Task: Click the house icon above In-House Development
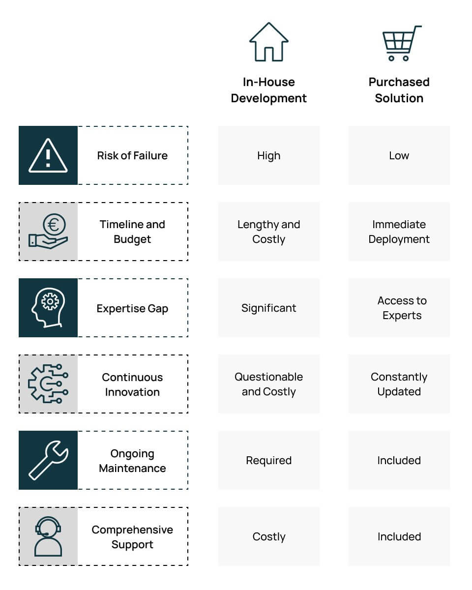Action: click(x=268, y=42)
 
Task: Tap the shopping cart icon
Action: click(x=402, y=43)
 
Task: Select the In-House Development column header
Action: click(x=268, y=90)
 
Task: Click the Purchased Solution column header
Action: click(x=399, y=90)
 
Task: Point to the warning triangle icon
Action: click(x=48, y=155)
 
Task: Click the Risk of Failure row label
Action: click(x=132, y=155)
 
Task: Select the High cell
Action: click(x=269, y=155)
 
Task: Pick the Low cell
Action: click(x=399, y=155)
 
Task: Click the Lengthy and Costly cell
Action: click(x=269, y=232)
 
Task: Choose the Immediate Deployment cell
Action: click(x=399, y=232)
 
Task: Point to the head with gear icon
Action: click(x=48, y=308)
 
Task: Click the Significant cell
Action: click(x=269, y=308)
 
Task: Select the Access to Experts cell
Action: click(x=399, y=308)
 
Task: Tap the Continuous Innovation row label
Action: click(x=132, y=384)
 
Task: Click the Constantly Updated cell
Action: click(x=399, y=384)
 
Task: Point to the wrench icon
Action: click(x=48, y=460)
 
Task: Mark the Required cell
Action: click(x=269, y=460)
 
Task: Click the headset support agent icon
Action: click(x=48, y=536)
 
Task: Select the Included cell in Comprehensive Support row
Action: click(x=399, y=536)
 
